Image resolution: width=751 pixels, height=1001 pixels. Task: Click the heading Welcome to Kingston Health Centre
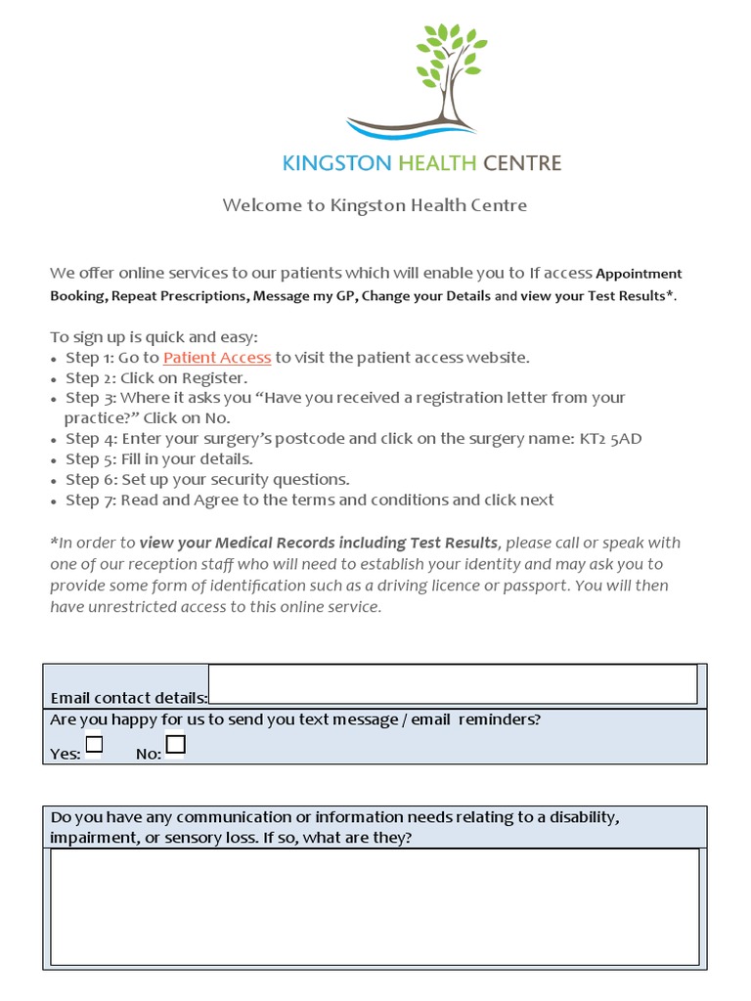[x=375, y=205]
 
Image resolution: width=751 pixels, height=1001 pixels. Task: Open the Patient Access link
[x=217, y=358]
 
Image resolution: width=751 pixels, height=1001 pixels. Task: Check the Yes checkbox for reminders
[x=94, y=746]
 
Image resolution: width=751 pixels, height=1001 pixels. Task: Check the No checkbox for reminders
[x=175, y=746]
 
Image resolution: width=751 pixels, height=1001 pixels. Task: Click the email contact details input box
[x=453, y=684]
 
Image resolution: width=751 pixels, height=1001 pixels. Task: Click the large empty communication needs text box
[x=375, y=907]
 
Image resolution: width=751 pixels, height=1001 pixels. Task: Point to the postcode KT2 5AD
[x=609, y=439]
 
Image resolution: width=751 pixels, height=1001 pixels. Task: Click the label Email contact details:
[x=129, y=698]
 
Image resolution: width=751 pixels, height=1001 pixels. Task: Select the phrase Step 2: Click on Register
[x=156, y=378]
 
